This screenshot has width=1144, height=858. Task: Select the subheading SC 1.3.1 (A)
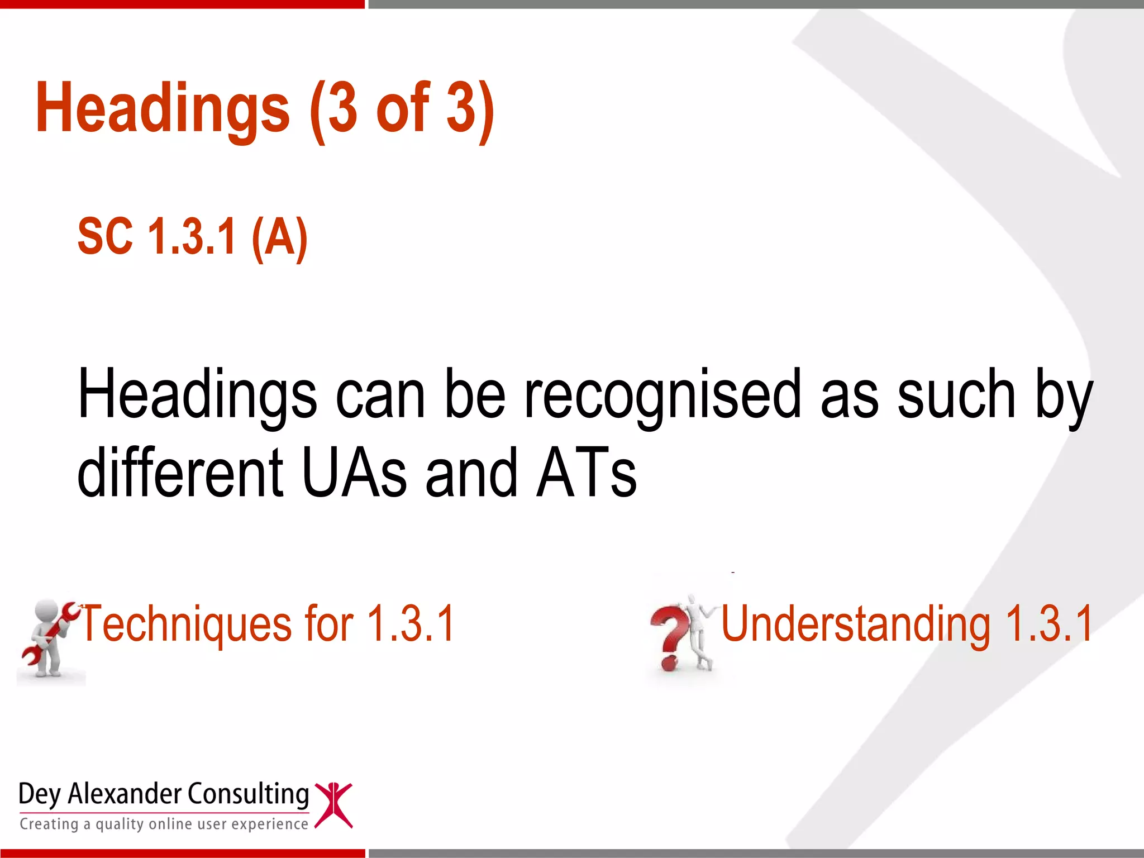pyautogui.click(x=193, y=237)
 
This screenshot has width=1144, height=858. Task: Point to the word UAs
pyautogui.click(x=354, y=474)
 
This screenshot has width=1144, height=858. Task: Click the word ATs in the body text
pyautogui.click(x=587, y=474)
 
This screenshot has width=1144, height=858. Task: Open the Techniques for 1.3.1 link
pyautogui.click(x=268, y=624)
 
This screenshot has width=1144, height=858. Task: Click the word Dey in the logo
pyautogui.click(x=39, y=794)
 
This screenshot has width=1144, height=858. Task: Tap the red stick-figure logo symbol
pyautogui.click(x=333, y=805)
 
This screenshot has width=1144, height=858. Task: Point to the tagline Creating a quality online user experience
pyautogui.click(x=164, y=824)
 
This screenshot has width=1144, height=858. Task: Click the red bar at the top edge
pyautogui.click(x=182, y=4)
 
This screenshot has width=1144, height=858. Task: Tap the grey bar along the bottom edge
pyautogui.click(x=754, y=854)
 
